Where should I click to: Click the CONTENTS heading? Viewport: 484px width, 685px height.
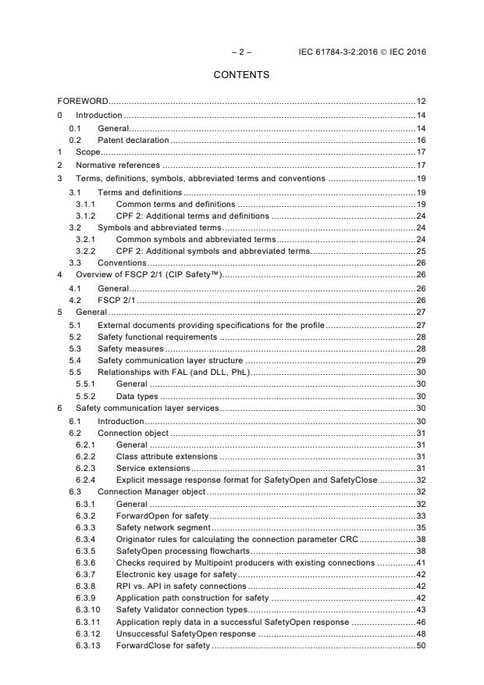[241, 75]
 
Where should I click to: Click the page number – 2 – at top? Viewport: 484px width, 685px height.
[241, 52]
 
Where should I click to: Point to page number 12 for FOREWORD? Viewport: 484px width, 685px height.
[420, 102]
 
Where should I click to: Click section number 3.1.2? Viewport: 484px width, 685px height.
[86, 215]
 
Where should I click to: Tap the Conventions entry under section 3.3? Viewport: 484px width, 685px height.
[122, 264]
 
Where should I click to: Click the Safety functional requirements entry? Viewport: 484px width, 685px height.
[157, 338]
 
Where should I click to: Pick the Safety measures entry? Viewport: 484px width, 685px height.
[130, 351]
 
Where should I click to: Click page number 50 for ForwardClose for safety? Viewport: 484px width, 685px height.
[420, 648]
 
